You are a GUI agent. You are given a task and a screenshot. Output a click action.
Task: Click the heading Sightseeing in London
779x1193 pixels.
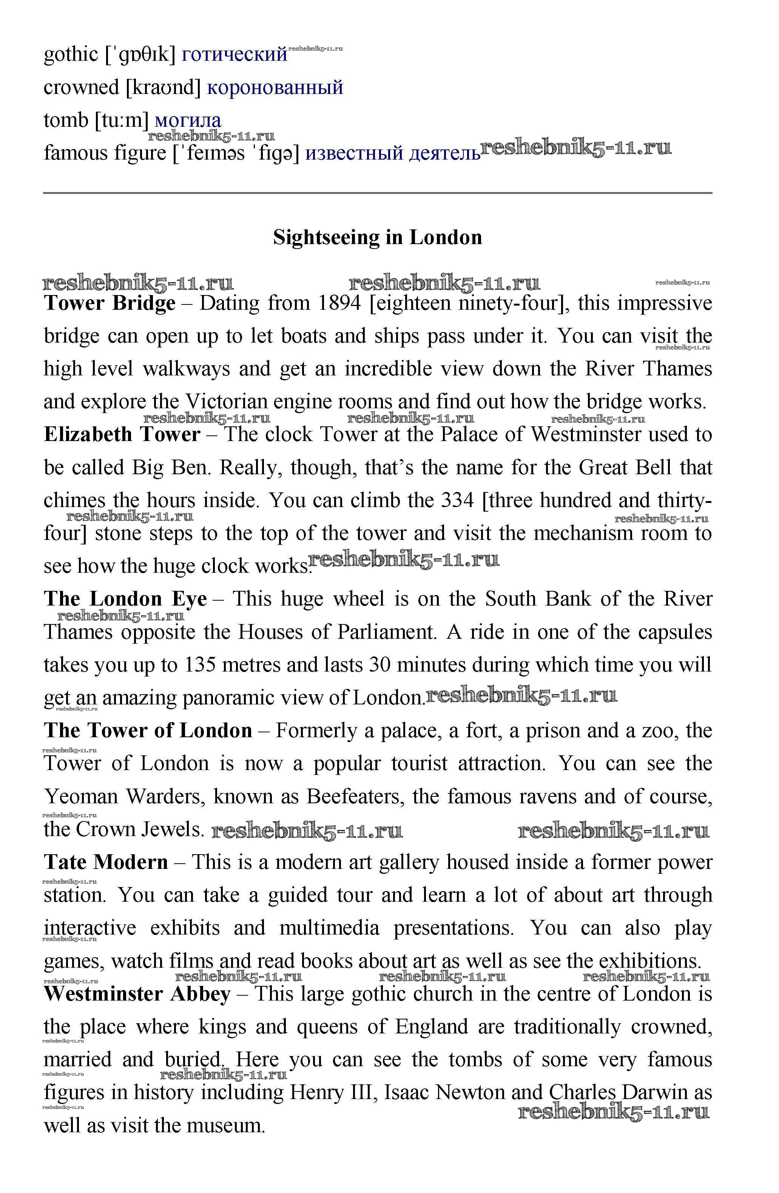[x=377, y=237]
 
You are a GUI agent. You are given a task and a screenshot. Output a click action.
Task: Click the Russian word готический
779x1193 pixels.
[x=234, y=54]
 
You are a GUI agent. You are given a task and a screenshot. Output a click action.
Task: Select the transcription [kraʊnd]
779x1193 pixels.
[x=163, y=87]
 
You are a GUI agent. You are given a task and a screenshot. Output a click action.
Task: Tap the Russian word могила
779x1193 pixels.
[x=188, y=120]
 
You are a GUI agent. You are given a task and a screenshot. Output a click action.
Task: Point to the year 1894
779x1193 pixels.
[x=339, y=303]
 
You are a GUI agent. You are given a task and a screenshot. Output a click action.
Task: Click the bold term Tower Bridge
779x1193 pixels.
[x=110, y=303]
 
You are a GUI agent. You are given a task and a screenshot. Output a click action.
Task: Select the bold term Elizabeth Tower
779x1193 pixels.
[x=122, y=435]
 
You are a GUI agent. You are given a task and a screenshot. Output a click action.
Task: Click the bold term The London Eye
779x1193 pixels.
[x=125, y=599]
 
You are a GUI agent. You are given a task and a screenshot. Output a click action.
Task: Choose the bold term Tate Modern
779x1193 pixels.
[x=106, y=862]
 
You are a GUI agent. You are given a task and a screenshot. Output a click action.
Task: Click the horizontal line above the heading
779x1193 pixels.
[x=377, y=192]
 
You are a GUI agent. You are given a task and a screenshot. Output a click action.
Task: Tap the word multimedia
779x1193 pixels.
[x=329, y=928]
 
